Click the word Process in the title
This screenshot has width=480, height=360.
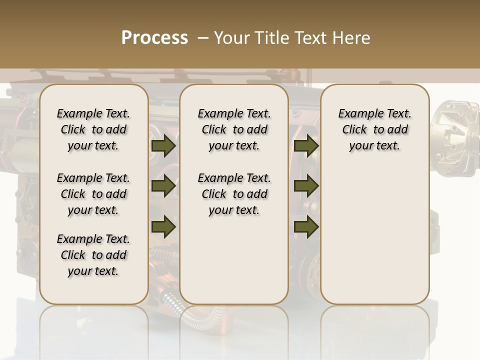click(154, 38)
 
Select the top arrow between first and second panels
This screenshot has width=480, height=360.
click(163, 146)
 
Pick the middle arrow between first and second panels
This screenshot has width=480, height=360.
click(163, 186)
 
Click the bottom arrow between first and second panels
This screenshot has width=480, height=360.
click(163, 226)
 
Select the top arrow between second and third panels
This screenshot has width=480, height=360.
click(306, 146)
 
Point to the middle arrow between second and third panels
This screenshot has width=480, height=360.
click(306, 186)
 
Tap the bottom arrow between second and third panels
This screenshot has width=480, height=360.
click(306, 226)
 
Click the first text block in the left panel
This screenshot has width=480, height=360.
click(93, 129)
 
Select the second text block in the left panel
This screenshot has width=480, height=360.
click(93, 194)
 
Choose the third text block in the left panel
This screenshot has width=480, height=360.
click(93, 255)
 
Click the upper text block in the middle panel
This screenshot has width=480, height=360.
click(234, 129)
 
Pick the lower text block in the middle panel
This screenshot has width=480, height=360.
click(234, 194)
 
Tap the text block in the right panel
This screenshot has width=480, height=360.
click(374, 129)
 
